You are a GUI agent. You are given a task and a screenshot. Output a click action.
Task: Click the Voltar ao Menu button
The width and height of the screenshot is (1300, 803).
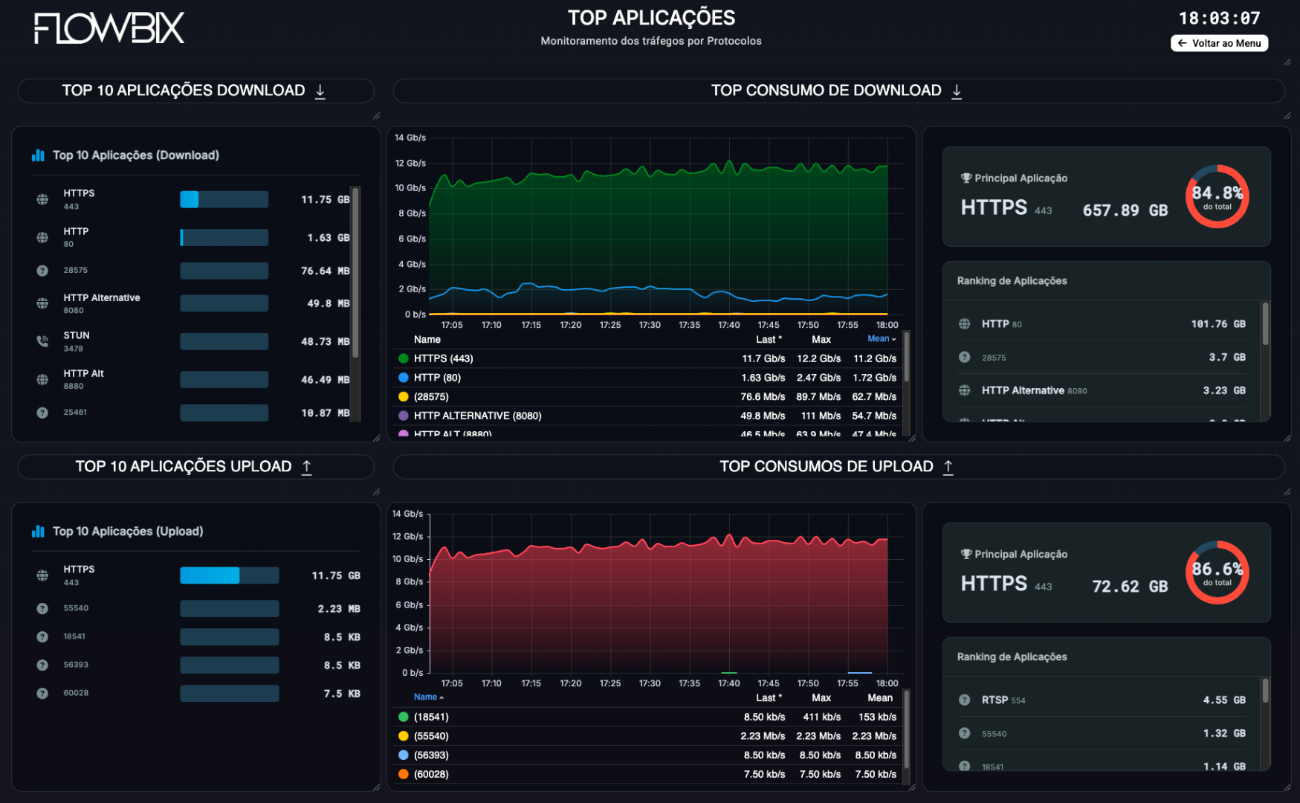pyautogui.click(x=1219, y=43)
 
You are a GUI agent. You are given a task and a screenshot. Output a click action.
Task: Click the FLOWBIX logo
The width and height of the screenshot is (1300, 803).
pyautogui.click(x=109, y=28)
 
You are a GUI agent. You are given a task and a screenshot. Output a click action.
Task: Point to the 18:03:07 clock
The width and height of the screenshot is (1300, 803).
pyautogui.click(x=1219, y=19)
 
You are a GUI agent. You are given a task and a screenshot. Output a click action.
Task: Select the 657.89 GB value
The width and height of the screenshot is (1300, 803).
pyautogui.click(x=1125, y=210)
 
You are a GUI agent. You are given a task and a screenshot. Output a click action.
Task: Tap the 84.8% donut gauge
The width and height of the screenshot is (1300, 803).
pyautogui.click(x=1217, y=196)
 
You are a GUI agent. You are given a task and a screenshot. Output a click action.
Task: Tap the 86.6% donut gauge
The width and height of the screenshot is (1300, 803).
pyautogui.click(x=1217, y=573)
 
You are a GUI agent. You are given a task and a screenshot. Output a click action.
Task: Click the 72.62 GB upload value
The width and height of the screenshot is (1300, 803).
pyautogui.click(x=1129, y=587)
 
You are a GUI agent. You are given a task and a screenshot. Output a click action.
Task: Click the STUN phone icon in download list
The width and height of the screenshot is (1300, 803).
pyautogui.click(x=42, y=341)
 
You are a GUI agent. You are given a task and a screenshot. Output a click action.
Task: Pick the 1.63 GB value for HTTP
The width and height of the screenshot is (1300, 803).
pyautogui.click(x=328, y=238)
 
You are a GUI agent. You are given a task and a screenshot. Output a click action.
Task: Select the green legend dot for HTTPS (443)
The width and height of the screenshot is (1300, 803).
pyautogui.click(x=404, y=358)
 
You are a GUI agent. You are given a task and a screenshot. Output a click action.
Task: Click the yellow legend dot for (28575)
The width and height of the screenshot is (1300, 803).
pyautogui.click(x=404, y=397)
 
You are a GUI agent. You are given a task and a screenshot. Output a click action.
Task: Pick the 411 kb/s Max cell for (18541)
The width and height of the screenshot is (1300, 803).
pyautogui.click(x=821, y=717)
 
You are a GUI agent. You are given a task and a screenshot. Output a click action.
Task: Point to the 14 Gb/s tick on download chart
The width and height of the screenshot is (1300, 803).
pyautogui.click(x=410, y=138)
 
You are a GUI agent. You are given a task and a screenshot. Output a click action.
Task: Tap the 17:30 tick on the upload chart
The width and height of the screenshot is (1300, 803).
pyautogui.click(x=650, y=683)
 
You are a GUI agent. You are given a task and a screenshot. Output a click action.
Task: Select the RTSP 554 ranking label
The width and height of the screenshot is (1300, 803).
pyautogui.click(x=1003, y=700)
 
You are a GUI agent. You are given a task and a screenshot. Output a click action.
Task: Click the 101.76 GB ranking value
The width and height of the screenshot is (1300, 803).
pyautogui.click(x=1217, y=324)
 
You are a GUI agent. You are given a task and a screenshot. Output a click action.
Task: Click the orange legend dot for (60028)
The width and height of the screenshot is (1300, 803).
pyautogui.click(x=404, y=774)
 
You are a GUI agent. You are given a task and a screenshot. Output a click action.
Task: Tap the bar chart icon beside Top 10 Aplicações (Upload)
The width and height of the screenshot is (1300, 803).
pyautogui.click(x=38, y=532)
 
